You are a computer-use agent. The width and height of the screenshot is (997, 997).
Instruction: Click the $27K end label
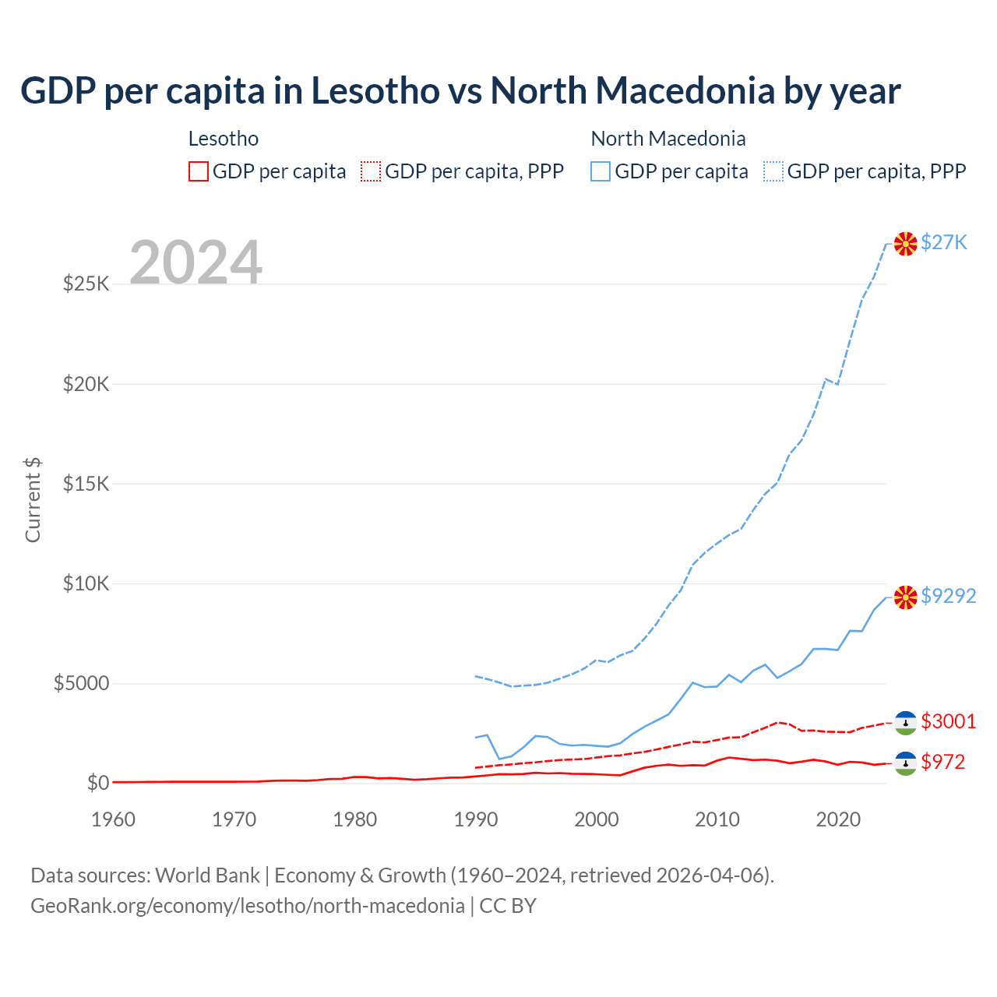(x=943, y=243)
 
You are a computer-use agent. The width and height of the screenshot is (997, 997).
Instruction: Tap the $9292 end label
(x=948, y=596)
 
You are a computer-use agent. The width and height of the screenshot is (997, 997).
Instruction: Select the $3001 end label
(x=948, y=721)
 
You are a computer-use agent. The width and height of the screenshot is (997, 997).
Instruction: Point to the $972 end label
(x=942, y=762)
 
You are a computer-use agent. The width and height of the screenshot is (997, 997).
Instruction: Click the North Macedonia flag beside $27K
(x=905, y=244)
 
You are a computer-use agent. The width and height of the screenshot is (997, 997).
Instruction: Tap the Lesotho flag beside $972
(x=905, y=763)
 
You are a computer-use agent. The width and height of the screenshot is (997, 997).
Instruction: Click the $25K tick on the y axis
(x=86, y=284)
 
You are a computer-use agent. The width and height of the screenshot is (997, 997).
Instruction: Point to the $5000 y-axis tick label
(x=81, y=684)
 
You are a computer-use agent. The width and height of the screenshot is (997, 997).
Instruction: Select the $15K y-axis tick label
(x=86, y=484)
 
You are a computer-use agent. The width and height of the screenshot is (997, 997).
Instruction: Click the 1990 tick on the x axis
(x=476, y=819)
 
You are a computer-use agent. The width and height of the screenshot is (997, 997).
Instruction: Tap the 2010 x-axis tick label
(x=717, y=819)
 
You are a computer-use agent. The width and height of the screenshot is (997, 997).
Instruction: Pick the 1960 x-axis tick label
(x=114, y=819)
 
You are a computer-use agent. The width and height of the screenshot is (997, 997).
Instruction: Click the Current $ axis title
(x=33, y=500)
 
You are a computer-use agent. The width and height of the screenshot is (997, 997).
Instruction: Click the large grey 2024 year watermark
(x=196, y=262)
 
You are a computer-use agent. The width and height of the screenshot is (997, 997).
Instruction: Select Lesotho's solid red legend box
(x=199, y=171)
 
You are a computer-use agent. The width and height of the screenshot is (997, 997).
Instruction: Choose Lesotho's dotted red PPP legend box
(x=371, y=171)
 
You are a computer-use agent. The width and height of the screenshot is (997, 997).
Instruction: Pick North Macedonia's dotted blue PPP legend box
(x=773, y=171)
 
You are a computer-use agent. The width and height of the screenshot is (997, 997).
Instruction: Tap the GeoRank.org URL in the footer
(x=248, y=906)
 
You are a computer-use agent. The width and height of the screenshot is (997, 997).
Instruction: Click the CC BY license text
(x=508, y=906)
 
